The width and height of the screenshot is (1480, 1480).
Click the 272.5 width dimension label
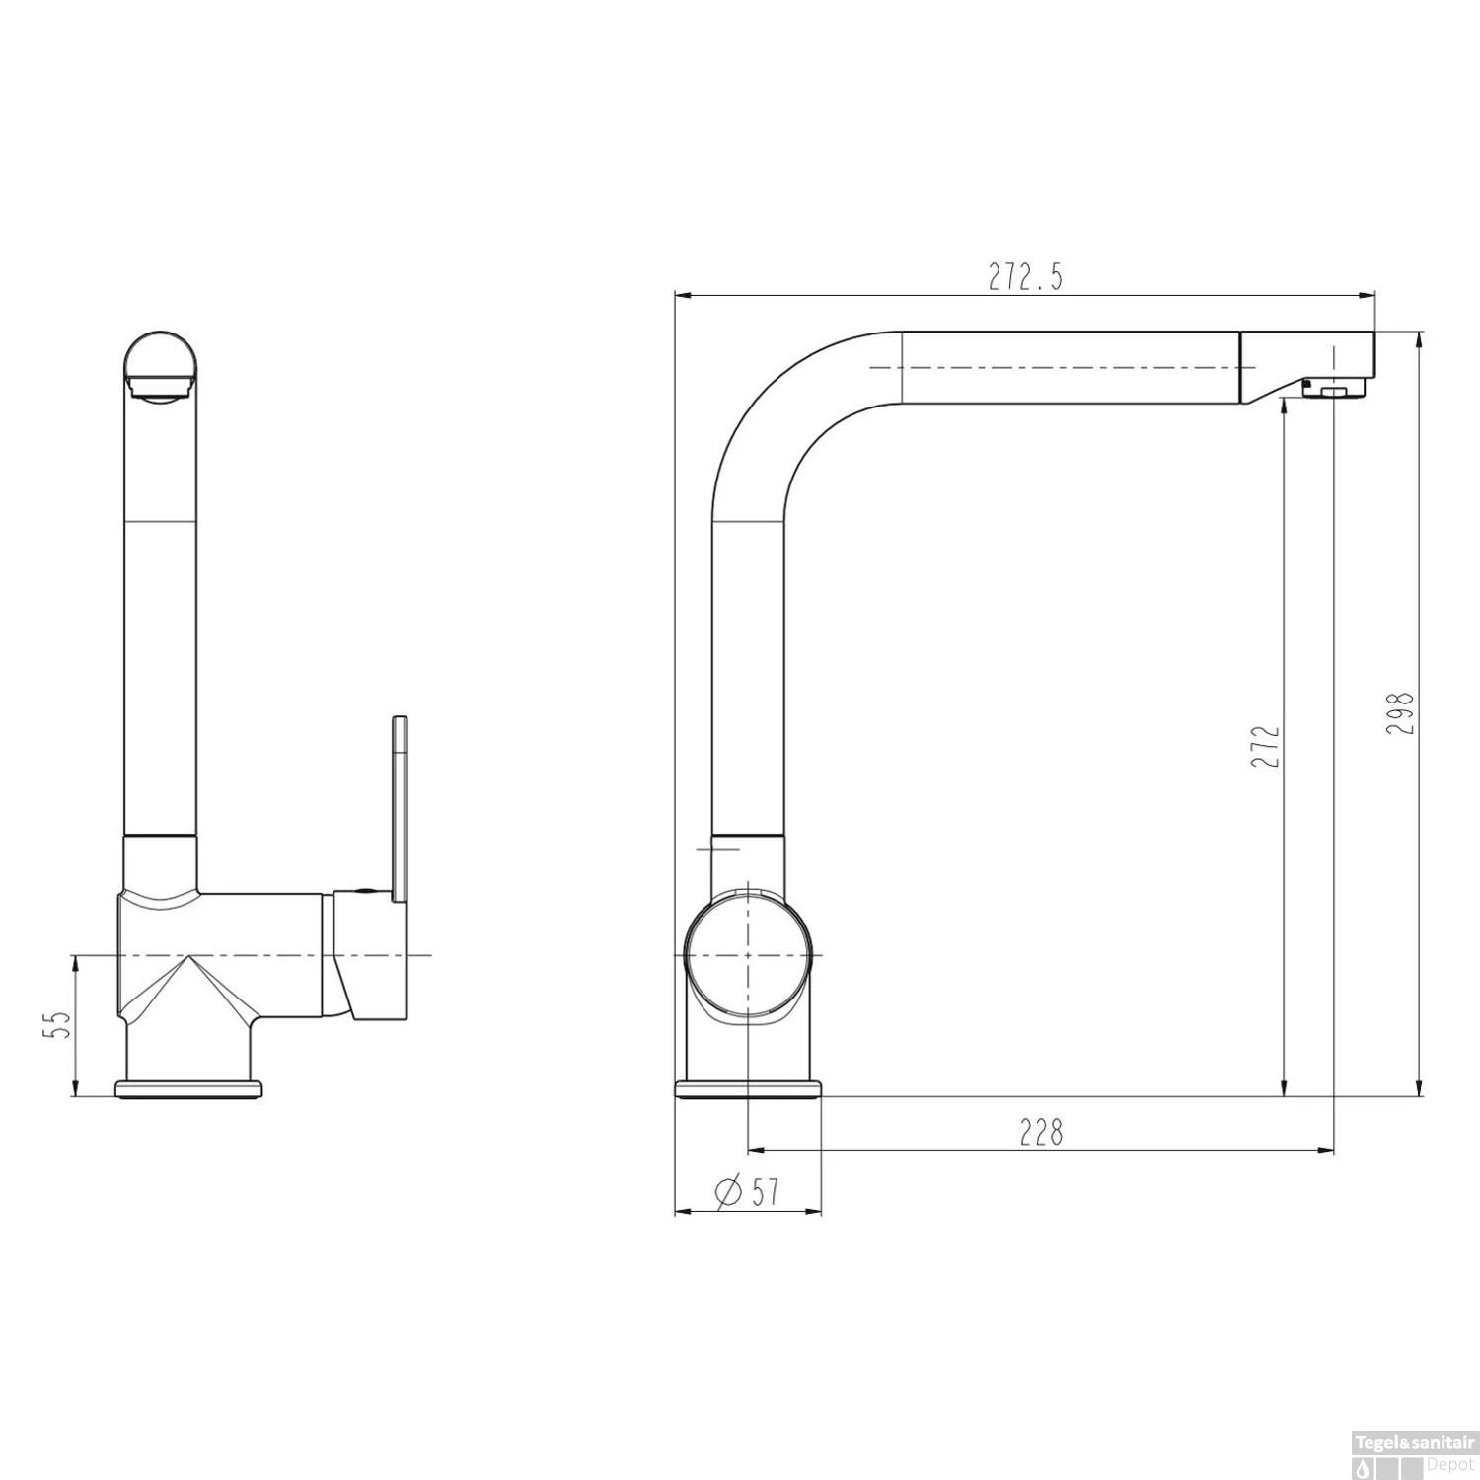(x=1026, y=278)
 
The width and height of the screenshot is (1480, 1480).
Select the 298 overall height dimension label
(x=1401, y=712)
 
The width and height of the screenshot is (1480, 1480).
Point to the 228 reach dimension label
(x=1042, y=1132)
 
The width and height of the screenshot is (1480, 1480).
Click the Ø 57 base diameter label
(x=746, y=1192)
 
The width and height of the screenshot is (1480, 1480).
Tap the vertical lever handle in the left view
(x=400, y=808)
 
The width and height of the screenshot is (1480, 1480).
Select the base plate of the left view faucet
(x=189, y=1088)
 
